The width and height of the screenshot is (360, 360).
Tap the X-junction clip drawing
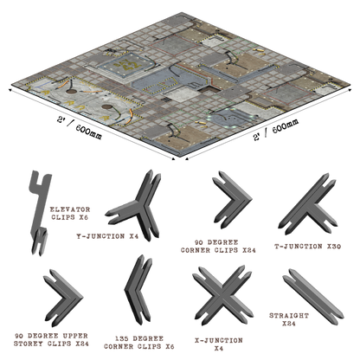[x=222, y=296]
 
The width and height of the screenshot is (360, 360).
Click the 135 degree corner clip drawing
[x=138, y=290]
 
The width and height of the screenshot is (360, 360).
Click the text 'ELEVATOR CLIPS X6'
[x=69, y=213]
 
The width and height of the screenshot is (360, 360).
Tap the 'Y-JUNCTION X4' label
[x=107, y=236]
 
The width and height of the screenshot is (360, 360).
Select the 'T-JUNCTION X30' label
[x=307, y=247]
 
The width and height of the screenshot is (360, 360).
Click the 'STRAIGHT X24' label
[x=289, y=319]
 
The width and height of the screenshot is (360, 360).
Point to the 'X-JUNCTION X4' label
[x=219, y=344]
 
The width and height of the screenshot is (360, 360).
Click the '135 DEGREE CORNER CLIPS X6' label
[x=139, y=343]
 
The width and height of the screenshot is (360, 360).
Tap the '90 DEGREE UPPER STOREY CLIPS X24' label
[x=51, y=340]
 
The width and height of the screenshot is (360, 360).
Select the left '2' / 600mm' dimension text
[x=80, y=128]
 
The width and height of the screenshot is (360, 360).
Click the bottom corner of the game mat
[x=179, y=157]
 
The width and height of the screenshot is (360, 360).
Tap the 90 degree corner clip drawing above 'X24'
[x=232, y=200]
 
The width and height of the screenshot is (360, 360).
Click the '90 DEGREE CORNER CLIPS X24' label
[x=218, y=247]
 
